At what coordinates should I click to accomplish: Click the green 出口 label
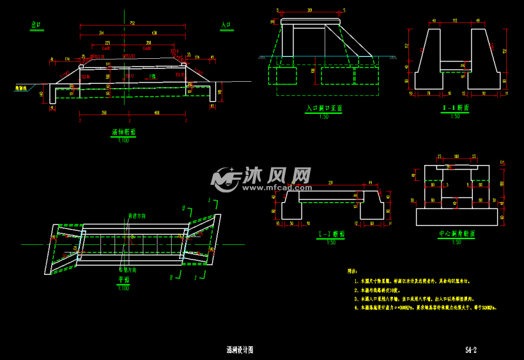(36, 25)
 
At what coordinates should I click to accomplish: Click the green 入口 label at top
(226, 25)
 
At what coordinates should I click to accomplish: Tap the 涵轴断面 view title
(123, 132)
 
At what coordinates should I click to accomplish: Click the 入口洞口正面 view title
(324, 109)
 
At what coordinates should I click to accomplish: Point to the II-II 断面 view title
(456, 108)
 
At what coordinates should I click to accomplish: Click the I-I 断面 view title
(332, 235)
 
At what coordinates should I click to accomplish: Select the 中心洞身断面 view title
(456, 234)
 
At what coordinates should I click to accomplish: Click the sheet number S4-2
(471, 350)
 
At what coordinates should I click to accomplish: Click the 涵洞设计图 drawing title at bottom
(240, 350)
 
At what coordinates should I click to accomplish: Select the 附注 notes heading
(352, 271)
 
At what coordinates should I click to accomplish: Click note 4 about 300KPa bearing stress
(426, 308)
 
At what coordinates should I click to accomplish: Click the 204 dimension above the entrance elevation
(310, 11)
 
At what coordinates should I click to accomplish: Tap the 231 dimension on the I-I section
(330, 184)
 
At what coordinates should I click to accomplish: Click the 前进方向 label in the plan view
(137, 216)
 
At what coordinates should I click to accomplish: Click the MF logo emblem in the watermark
(225, 180)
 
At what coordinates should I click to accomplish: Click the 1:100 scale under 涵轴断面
(123, 139)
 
